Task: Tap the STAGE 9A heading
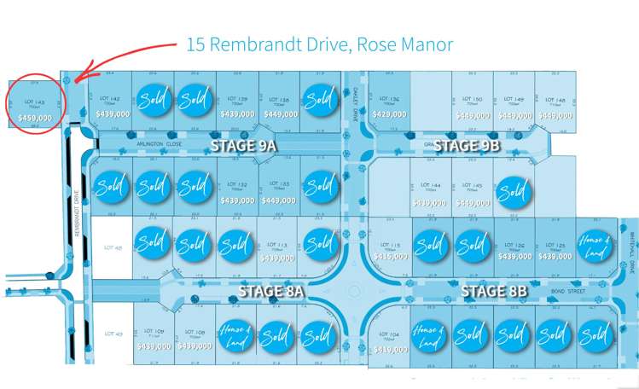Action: coord(244,147)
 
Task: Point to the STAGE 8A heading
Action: coord(270,292)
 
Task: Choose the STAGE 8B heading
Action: coord(495,292)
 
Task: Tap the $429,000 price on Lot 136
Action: coord(388,113)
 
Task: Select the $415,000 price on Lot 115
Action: coord(388,256)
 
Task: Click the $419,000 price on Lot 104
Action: coord(388,348)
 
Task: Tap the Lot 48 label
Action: coord(113,248)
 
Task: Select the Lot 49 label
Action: coord(113,334)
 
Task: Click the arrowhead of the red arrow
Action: coord(75,80)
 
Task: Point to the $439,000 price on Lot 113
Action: coord(277,257)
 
